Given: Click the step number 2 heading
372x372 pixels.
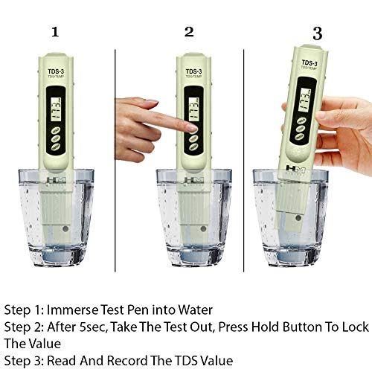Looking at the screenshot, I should point(189,31).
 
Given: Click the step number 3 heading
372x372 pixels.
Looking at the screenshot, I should point(317,33).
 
